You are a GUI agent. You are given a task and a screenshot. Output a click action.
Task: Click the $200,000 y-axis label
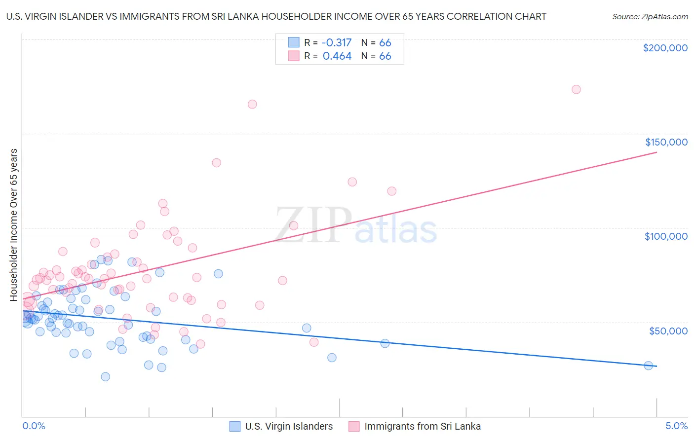pos(665,48)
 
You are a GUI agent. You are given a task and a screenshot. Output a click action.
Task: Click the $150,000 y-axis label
pos(666,142)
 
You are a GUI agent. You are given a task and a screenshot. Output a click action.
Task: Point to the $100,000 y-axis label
pos(666,236)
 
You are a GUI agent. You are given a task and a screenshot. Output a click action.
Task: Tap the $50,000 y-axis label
pos(668,330)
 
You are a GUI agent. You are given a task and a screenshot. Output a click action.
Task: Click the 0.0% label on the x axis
pos(34,426)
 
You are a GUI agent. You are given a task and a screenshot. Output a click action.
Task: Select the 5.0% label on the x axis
pos(676,426)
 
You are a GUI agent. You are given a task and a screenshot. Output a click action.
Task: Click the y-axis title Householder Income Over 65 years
pos(14,224)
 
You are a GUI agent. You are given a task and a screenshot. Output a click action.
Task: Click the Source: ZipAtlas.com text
pos(650,17)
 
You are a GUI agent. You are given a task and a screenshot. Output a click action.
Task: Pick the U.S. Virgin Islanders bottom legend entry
pos(289,426)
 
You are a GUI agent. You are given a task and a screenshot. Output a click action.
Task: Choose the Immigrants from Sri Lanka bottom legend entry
pos(422,426)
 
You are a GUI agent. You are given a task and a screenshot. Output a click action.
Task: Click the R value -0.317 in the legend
pos(337,42)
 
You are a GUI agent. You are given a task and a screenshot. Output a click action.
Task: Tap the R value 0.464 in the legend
pos(337,56)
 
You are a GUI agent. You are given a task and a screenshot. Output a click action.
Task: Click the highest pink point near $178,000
pos(576,89)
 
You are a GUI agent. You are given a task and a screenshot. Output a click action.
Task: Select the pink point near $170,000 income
pos(252,104)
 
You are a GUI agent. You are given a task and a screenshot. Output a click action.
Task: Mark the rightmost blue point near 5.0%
pos(649,366)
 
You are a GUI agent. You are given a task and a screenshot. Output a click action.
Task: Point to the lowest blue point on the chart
pos(105,377)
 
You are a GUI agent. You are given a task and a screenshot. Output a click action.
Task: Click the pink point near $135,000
pos(216,163)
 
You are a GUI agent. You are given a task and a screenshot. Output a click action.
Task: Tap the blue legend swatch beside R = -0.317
pos(294,42)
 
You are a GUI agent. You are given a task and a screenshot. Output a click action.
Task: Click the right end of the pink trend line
pos(656,152)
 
